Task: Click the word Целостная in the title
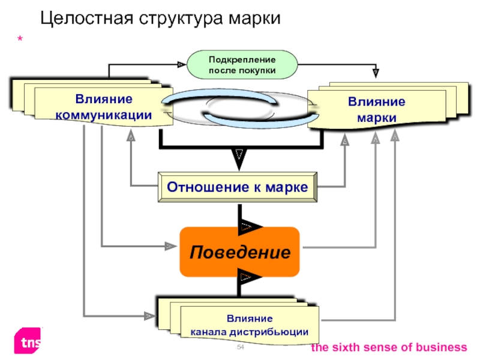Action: pyautogui.click(x=87, y=19)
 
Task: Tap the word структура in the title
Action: pyautogui.click(x=182, y=19)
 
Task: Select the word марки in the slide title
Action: pyautogui.click(x=254, y=19)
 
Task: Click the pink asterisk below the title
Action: pyautogui.click(x=20, y=39)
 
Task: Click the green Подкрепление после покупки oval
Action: pyautogui.click(x=242, y=65)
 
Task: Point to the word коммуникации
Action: pyautogui.click(x=103, y=115)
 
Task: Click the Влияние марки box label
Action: pyautogui.click(x=377, y=109)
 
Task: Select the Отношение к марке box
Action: pyautogui.click(x=238, y=187)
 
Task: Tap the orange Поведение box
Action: pyautogui.click(x=239, y=252)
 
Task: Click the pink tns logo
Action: pyautogui.click(x=28, y=341)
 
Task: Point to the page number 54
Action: pyautogui.click(x=241, y=347)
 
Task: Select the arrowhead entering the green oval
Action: pyautogui.click(x=182, y=65)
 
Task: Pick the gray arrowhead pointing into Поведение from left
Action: pyautogui.click(x=171, y=246)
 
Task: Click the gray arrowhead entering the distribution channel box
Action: pyautogui.click(x=150, y=316)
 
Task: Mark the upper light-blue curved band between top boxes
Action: pyautogui.click(x=220, y=95)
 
